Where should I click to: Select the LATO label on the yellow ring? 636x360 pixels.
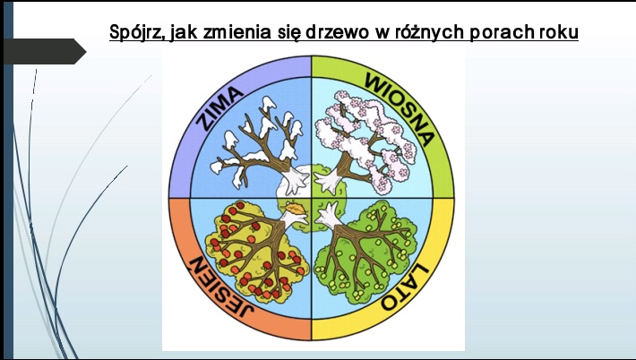pyautogui.click(x=404, y=287)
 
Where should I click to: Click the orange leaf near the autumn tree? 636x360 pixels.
pyautogui.click(x=295, y=209)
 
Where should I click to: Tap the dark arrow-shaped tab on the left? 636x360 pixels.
pyautogui.click(x=45, y=51)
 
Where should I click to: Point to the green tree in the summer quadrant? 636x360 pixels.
pyautogui.click(x=365, y=252)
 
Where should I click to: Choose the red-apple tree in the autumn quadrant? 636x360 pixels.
pyautogui.click(x=257, y=251)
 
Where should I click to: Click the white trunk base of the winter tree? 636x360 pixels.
pyautogui.click(x=294, y=180)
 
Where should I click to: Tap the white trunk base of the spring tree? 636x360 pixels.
pyautogui.click(x=327, y=181)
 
